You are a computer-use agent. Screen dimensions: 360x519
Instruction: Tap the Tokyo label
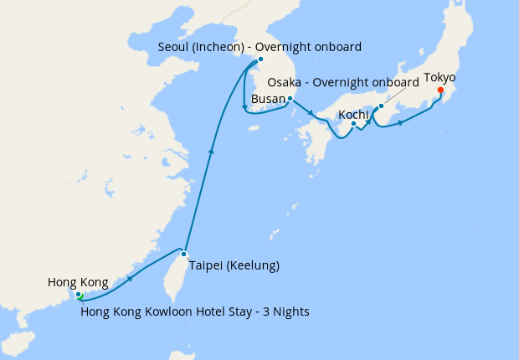[x=439, y=78]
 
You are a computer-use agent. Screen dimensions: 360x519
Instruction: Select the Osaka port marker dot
[x=381, y=105]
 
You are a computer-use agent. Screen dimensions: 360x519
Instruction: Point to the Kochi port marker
[x=354, y=125]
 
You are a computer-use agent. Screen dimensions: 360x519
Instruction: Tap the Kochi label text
[x=354, y=114]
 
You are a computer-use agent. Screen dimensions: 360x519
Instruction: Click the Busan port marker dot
[x=289, y=99]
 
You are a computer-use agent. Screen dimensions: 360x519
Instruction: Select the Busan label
[x=268, y=99]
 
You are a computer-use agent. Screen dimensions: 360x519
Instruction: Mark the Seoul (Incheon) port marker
[x=260, y=59]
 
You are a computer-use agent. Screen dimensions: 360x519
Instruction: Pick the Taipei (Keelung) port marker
[x=183, y=254]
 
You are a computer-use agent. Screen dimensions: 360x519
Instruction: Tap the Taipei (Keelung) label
[x=234, y=266]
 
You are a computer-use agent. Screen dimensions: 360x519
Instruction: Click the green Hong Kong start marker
[x=79, y=295]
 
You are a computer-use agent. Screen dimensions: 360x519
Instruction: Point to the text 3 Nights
[x=286, y=312]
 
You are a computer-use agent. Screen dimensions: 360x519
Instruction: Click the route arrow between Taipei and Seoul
[x=213, y=152]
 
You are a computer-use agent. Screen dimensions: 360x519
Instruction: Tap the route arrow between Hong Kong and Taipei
[x=131, y=279]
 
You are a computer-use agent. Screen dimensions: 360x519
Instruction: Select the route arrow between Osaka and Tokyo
[x=401, y=123]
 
